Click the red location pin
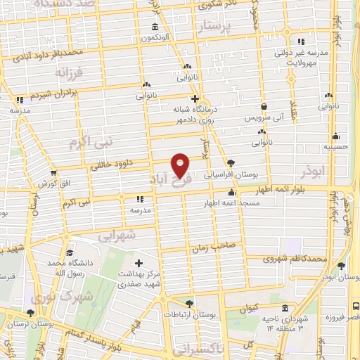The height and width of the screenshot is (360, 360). tap(181, 165)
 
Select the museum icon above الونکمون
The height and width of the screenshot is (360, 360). tap(155, 27)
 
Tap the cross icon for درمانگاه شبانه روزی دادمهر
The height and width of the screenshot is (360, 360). tap(195, 98)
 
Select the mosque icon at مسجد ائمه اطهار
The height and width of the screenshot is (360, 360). tap(231, 193)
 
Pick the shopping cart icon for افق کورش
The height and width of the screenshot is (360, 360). tap(53, 172)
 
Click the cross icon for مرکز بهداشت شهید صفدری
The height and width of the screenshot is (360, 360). tap(138, 263)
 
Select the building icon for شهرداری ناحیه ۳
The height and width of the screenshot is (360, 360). tap(285, 308)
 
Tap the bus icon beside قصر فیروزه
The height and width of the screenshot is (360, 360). tap(354, 307)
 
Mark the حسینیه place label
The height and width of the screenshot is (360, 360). tap(336, 148)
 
